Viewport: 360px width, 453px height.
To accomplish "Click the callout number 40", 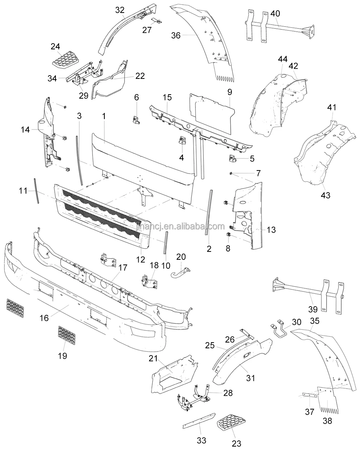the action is coord(275,13).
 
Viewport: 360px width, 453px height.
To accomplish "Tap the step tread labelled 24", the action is coord(66,60).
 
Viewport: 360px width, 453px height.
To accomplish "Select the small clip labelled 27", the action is coord(157,21).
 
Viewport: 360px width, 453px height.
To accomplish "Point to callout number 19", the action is coord(62,356).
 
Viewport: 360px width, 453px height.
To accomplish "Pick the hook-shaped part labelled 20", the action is coord(180,272).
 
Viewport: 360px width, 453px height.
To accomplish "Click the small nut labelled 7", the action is coord(231,173).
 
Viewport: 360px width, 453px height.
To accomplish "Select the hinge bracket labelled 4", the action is coord(182,140).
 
